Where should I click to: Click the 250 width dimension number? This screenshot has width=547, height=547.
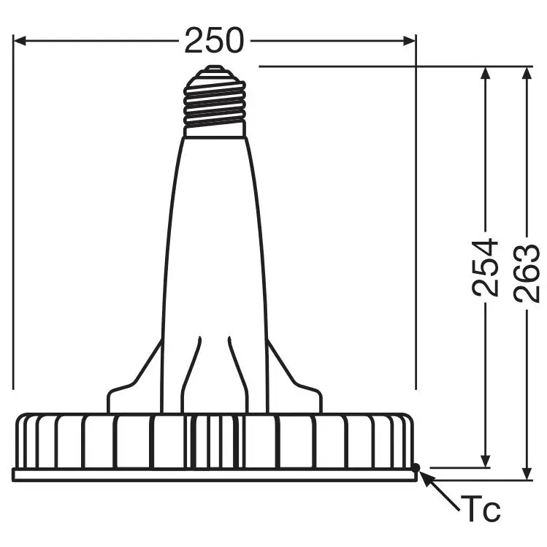coord(213,42)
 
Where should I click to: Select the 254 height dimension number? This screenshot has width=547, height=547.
coord(485,267)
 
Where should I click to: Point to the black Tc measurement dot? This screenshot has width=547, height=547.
coord(416,466)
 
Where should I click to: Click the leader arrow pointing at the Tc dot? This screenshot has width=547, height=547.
coord(438,487)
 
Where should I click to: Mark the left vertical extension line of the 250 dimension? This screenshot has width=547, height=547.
coord(13,219)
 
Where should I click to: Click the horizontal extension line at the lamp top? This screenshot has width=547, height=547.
coord(365,66)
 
